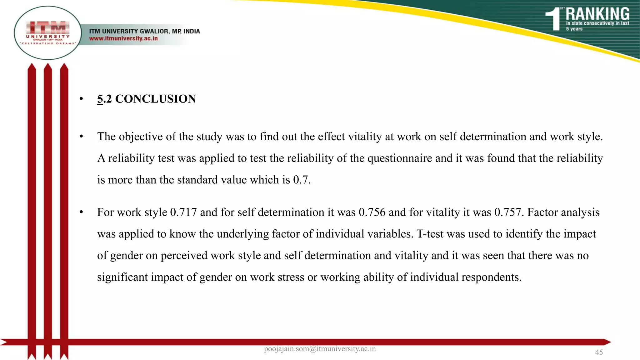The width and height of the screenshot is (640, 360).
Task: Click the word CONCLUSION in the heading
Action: coord(155,99)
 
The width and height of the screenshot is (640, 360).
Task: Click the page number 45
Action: coord(599,352)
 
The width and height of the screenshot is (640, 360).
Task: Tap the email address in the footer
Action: coord(320,349)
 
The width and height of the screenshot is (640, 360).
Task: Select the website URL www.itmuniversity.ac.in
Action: coord(123,38)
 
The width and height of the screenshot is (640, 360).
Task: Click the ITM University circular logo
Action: coord(48,33)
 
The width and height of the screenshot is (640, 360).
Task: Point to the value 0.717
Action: coord(183,212)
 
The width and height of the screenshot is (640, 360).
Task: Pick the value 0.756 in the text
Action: coord(372,212)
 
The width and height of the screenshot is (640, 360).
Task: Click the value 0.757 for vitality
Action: coord(507,212)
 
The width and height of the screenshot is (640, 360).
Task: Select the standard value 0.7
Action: coord(301,180)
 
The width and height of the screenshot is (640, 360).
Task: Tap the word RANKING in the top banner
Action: coord(597,14)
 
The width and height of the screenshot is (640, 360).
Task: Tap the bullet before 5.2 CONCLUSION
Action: coord(81,99)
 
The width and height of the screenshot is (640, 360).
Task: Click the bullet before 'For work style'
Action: coord(81,212)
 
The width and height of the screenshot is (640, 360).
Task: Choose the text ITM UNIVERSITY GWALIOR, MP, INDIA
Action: coord(144,31)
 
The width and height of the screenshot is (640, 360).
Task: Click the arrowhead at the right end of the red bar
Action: coord(606,342)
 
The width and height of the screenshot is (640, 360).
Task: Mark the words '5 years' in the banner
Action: coord(574,29)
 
